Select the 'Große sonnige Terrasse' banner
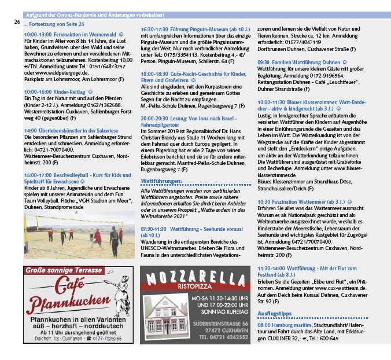[x=64, y=270]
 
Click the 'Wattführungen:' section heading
[x=161, y=181]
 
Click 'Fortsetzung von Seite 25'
[x=54, y=24]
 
